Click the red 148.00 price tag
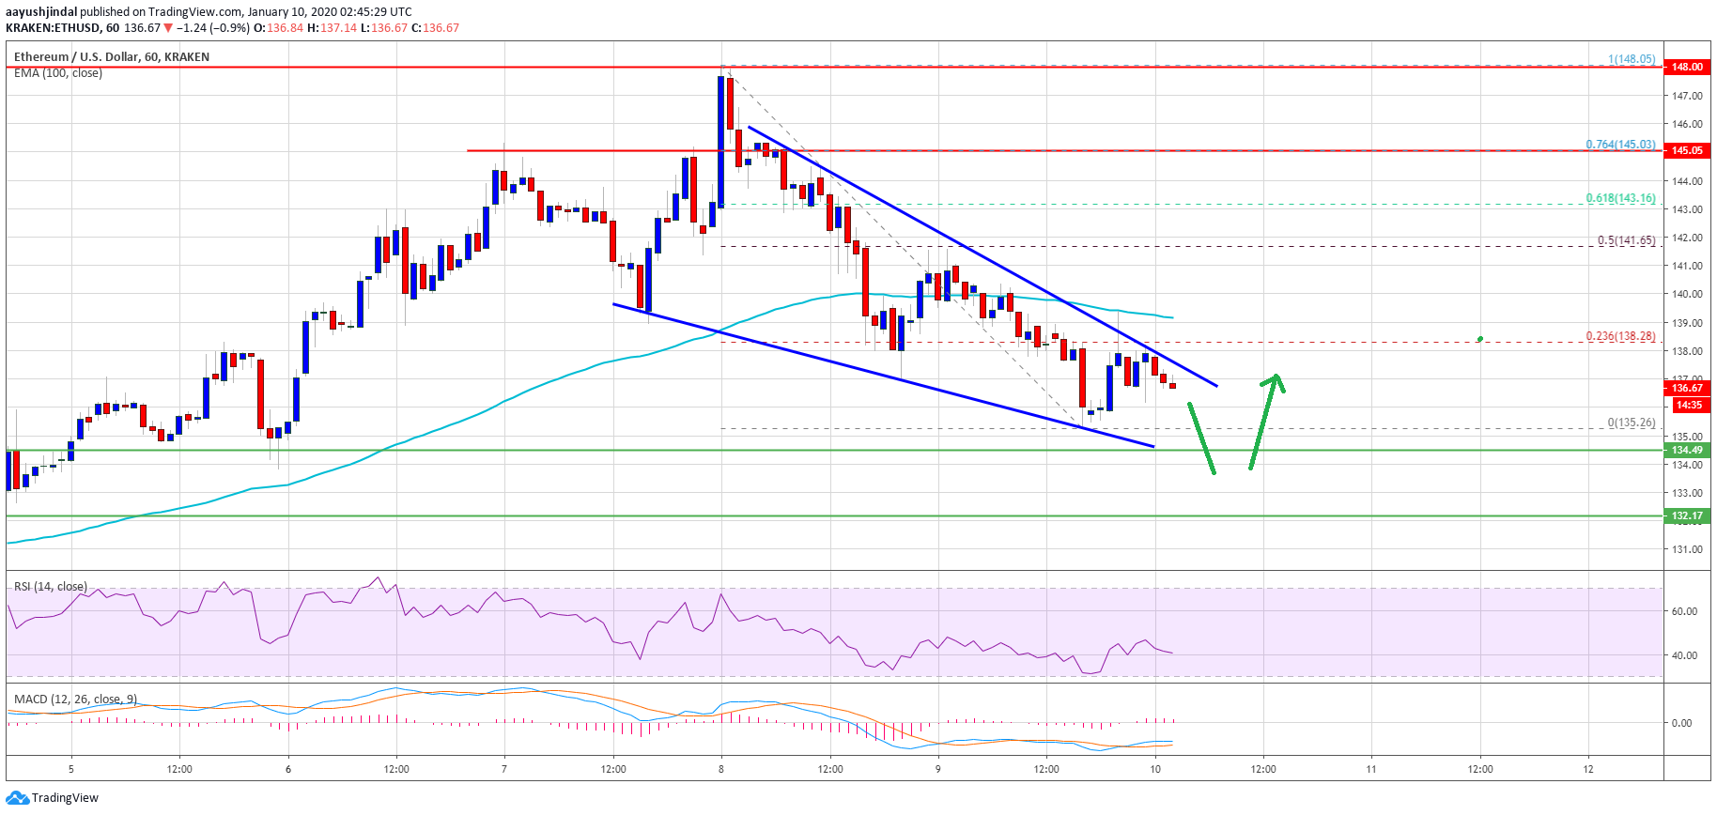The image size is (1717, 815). [1686, 67]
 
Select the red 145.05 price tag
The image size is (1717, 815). [1686, 150]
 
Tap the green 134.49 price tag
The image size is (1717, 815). [1686, 450]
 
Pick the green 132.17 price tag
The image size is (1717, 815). [1686, 515]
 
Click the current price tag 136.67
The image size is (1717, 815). [1686, 388]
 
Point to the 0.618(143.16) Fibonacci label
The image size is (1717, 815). [1620, 198]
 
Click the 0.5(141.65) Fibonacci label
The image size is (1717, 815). [1626, 240]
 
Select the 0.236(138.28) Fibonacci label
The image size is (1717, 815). [1620, 336]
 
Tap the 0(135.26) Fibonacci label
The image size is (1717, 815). [1631, 423]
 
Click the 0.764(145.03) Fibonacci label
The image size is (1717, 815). [1620, 145]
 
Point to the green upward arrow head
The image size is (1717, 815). [1275, 380]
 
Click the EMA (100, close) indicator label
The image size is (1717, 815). [58, 73]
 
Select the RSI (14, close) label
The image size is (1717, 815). [51, 587]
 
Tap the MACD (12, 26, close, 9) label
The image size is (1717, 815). [75, 700]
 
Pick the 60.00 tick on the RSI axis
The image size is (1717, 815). [1683, 611]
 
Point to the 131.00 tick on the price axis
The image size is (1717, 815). [1686, 549]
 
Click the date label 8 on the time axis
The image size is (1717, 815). [721, 769]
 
